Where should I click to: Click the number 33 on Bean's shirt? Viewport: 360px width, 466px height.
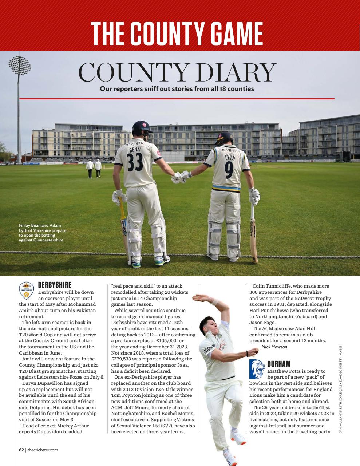click(x=135, y=162)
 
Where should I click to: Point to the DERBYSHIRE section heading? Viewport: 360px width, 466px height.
click(x=55, y=285)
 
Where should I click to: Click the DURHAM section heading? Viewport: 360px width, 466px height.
click(x=279, y=364)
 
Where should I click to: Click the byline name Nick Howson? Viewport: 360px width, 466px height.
click(x=274, y=347)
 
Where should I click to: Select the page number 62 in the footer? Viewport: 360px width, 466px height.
click(x=21, y=450)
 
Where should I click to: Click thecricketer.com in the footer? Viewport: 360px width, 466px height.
click(x=43, y=450)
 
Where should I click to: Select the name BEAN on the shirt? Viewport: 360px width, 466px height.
click(x=135, y=149)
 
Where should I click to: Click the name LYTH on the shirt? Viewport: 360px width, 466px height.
click(x=230, y=158)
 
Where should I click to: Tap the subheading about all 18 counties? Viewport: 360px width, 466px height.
click(x=177, y=88)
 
